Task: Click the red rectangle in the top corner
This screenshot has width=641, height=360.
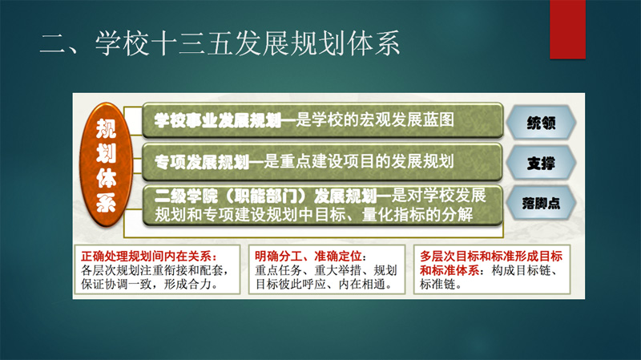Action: (568, 29)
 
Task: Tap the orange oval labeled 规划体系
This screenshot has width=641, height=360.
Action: (106, 164)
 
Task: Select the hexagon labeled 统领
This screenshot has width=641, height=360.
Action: (541, 123)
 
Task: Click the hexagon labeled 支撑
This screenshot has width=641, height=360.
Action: (541, 163)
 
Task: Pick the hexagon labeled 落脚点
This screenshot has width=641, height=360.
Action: (541, 204)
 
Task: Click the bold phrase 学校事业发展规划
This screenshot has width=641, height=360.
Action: (217, 120)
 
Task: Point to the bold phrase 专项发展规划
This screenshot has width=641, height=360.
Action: (202, 162)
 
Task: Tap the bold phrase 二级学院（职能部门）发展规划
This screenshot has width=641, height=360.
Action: (265, 196)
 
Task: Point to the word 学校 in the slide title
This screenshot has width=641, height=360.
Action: (123, 43)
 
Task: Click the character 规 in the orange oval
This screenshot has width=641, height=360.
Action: (107, 129)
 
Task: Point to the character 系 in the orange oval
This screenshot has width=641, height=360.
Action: (107, 202)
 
